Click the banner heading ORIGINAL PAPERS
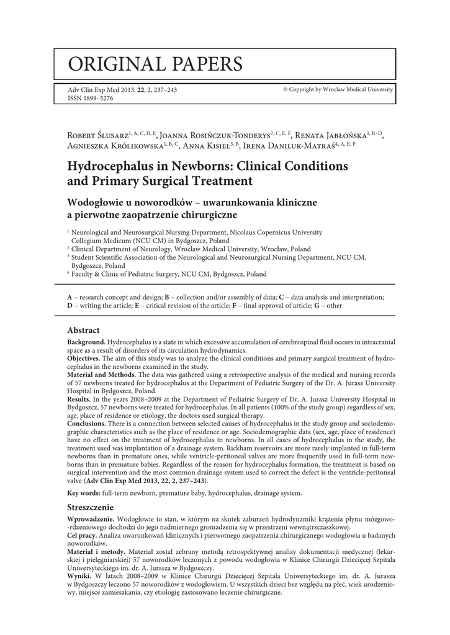point(156,63)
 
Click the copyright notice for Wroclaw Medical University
point(338,90)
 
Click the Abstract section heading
point(83,331)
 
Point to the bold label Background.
point(86,342)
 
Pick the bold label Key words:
point(84,493)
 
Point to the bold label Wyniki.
point(80,575)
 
